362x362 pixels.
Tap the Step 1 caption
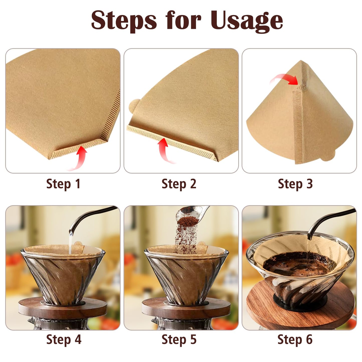[x=63, y=184]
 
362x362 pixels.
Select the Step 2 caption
[x=179, y=184]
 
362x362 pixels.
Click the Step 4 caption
[x=64, y=340]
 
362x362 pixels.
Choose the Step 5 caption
[x=179, y=340]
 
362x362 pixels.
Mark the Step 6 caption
[x=295, y=340]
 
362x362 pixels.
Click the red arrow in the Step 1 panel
[x=80, y=158]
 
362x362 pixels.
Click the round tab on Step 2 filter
[x=134, y=105]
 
